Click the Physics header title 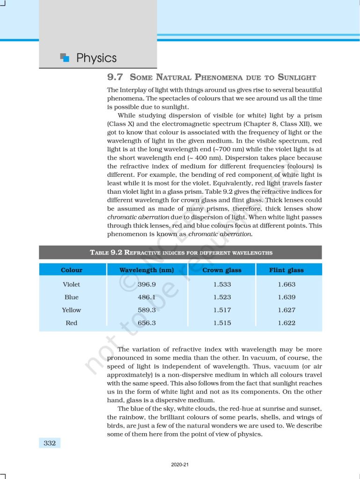[x=96, y=58]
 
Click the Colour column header [x=72, y=270]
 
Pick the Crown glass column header [x=222, y=270]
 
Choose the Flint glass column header [x=287, y=270]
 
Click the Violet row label [x=72, y=284]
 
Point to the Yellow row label [x=72, y=310]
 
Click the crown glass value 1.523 [x=222, y=297]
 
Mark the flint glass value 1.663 [x=287, y=284]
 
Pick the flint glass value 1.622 [x=287, y=323]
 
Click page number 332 [x=50, y=443]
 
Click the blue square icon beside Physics [x=65, y=58]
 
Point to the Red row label [x=72, y=323]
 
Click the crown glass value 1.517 [x=222, y=310]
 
